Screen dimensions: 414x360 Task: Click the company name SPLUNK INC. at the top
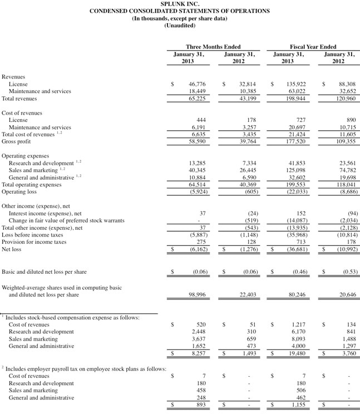(x=179, y=4)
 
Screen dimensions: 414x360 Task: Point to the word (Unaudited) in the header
(x=179, y=26)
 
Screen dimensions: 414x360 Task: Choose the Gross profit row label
(x=16, y=141)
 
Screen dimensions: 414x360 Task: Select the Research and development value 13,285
(x=197, y=162)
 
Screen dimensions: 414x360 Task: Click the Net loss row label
(x=13, y=249)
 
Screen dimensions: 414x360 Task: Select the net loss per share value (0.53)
(x=345, y=272)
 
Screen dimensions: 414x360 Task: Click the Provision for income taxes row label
(x=34, y=242)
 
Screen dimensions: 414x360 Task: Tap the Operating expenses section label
(x=24, y=155)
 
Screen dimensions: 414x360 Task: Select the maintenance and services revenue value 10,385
(x=246, y=91)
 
